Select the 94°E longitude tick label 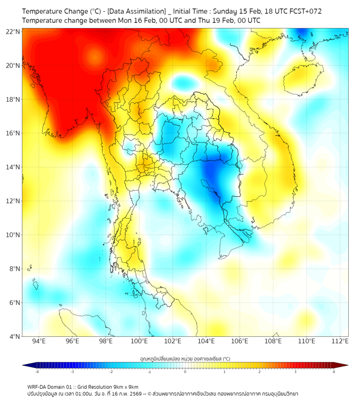pos(39,341)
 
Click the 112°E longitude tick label pos(340,341)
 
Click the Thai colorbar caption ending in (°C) pos(185,359)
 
